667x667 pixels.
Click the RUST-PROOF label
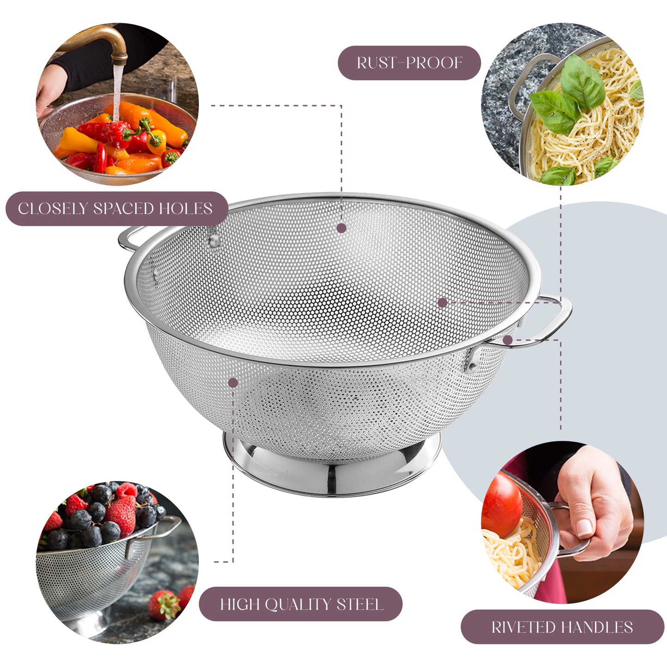coord(409,63)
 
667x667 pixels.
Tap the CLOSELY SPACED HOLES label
coord(115,209)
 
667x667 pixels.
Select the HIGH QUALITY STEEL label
coord(301,604)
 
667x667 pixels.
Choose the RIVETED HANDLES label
coord(562,627)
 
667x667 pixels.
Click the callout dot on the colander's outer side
coord(233,383)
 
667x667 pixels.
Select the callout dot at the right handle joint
coord(508,340)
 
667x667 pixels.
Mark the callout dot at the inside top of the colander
coord(341,228)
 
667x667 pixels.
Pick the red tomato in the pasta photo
coord(501,505)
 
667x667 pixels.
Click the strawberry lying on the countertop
coord(165,605)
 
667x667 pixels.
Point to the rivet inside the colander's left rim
coord(214,240)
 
